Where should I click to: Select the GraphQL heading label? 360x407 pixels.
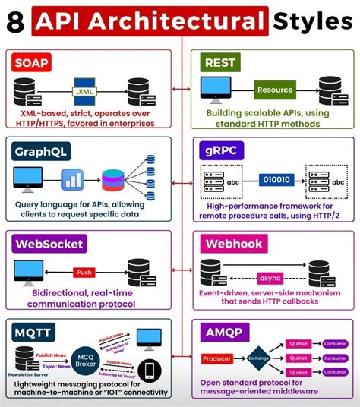tap(40, 150)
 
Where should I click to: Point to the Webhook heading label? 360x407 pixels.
tap(232, 244)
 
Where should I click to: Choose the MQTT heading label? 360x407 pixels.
tap(32, 331)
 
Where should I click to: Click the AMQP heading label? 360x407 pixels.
tap(222, 331)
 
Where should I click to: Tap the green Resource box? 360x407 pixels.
tap(274, 90)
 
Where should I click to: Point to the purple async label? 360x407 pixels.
tap(270, 277)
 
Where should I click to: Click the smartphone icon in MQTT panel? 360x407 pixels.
tap(150, 370)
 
